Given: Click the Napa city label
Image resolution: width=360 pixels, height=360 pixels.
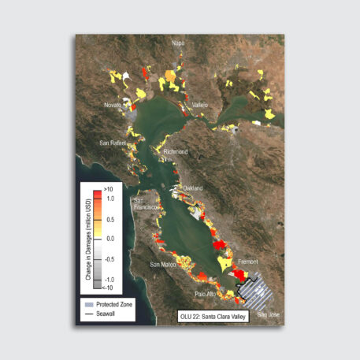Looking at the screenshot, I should tap(178, 43).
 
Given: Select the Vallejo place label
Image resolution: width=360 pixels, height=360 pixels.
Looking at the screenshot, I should tap(199, 105).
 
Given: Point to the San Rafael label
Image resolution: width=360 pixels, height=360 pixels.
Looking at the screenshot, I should tap(114, 143).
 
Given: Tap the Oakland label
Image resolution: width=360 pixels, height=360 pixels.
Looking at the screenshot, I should tap(194, 188).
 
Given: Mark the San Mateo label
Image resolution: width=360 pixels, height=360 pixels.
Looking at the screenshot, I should tap(165, 264).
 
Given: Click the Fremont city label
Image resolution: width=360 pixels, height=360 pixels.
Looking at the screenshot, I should tap(247, 261).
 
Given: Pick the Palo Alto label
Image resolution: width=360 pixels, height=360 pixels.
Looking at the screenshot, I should tap(206, 295).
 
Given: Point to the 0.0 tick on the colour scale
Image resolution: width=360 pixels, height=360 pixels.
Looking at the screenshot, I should tap(110, 238).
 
